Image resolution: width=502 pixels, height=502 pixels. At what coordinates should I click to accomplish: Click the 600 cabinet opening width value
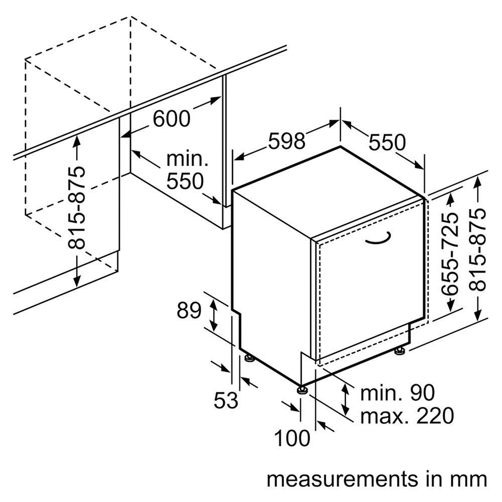pyautogui.click(x=172, y=118)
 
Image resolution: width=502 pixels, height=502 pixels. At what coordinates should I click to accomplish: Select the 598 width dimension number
pyautogui.click(x=286, y=141)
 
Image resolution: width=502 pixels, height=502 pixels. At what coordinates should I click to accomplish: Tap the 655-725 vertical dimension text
pyautogui.click(x=450, y=253)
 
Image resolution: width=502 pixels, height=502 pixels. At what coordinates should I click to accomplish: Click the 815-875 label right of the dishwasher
pyautogui.click(x=478, y=249)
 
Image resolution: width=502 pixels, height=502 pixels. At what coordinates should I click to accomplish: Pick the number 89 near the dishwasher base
pyautogui.click(x=189, y=311)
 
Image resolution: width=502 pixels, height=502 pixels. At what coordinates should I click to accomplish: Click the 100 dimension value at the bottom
pyautogui.click(x=292, y=438)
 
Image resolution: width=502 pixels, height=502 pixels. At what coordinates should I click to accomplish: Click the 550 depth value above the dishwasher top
pyautogui.click(x=387, y=143)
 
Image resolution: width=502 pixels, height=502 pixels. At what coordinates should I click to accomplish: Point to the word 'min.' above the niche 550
pyautogui.click(x=187, y=160)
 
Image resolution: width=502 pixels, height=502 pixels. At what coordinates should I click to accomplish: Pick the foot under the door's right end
pyautogui.click(x=400, y=350)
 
